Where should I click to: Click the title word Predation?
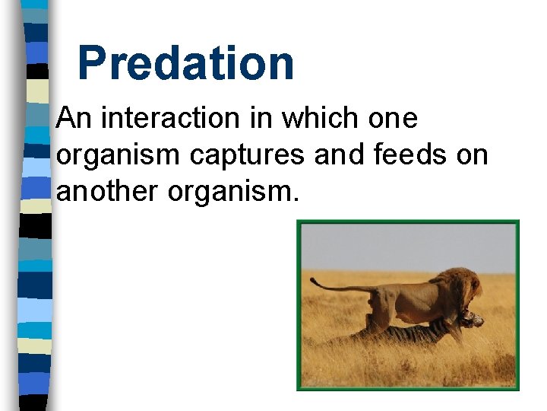tap(185, 63)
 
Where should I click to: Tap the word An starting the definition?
tap(74, 119)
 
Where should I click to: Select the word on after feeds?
tap(472, 155)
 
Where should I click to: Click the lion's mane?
tap(460, 287)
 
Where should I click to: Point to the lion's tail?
tap(334, 287)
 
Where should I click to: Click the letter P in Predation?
tap(92, 63)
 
